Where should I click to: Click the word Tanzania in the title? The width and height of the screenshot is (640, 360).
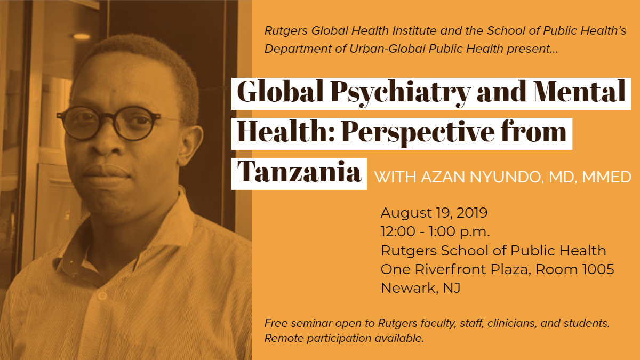pos(299,172)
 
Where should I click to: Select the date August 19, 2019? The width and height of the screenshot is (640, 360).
pos(434,213)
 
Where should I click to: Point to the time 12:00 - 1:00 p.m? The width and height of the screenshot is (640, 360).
pos(435,232)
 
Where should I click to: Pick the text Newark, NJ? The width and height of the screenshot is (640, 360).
pos(420,288)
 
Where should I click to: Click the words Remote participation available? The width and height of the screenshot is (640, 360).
pos(344,338)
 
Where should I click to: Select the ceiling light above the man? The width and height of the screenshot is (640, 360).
pos(81,36)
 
